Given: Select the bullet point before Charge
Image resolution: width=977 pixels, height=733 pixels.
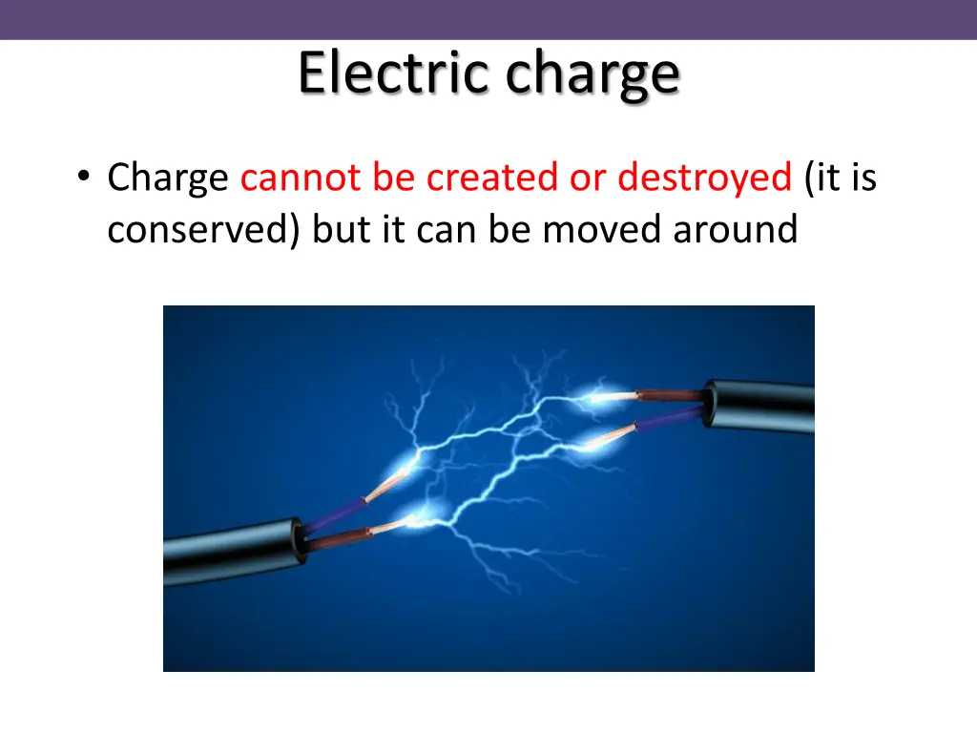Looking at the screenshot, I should click(85, 178).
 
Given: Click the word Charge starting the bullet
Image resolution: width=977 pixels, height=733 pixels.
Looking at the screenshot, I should click(168, 178).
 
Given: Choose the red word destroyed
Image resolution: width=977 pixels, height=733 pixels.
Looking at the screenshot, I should click(704, 178).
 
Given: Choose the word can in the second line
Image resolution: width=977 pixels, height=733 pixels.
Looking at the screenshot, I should click(448, 229).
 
